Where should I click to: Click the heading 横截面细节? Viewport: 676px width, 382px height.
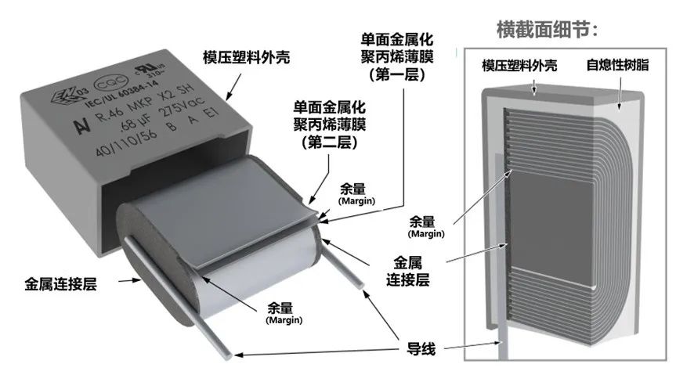(x=548, y=30)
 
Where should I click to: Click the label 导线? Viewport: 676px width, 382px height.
(x=421, y=347)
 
